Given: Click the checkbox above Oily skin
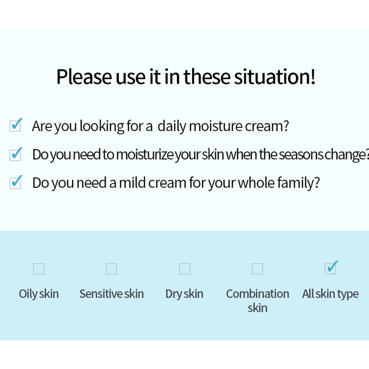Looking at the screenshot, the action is pyautogui.click(x=39, y=269).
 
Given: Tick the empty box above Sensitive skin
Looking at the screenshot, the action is pyautogui.click(x=112, y=269).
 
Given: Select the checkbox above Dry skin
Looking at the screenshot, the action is pyautogui.click(x=185, y=269).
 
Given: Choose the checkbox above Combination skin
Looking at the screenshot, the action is pyautogui.click(x=257, y=269).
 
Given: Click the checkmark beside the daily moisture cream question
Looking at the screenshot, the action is pyautogui.click(x=16, y=125).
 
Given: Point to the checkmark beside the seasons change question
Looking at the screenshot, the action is pyautogui.click(x=16, y=154).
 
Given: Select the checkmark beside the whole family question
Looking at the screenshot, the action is pyautogui.click(x=16, y=182).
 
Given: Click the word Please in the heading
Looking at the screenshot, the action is pyautogui.click(x=84, y=77).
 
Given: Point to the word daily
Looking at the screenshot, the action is pyautogui.click(x=172, y=126).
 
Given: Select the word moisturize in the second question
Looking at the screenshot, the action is pyautogui.click(x=145, y=155).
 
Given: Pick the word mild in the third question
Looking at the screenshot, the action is pyautogui.click(x=132, y=183).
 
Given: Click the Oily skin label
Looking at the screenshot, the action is pyautogui.click(x=39, y=294).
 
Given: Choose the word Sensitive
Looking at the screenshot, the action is pyautogui.click(x=101, y=294).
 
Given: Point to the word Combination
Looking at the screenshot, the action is pyautogui.click(x=257, y=294).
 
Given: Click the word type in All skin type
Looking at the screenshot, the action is pyautogui.click(x=348, y=294).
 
